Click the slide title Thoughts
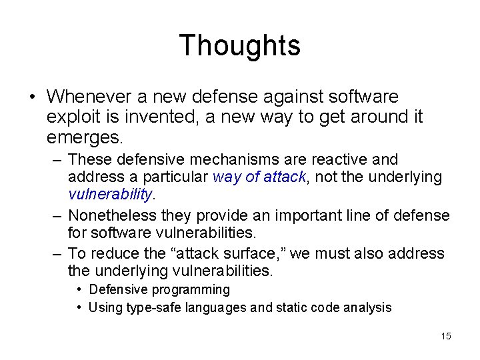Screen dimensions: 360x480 (239, 45)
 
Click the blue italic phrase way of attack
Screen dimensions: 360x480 (259, 177)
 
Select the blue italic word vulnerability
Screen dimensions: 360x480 (111, 195)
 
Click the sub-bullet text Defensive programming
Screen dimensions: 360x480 (159, 290)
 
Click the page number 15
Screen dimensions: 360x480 (446, 336)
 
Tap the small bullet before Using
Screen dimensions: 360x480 (79, 307)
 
